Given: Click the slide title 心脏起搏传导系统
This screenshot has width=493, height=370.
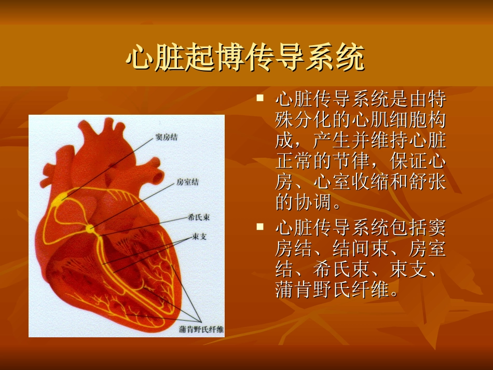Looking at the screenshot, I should (x=245, y=58).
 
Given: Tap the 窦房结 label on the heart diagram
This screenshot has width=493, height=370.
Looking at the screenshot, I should (x=166, y=138).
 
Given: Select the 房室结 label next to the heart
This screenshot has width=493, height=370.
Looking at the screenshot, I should (x=187, y=182).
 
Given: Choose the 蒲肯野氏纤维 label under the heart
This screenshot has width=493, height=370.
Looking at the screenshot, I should (x=201, y=329).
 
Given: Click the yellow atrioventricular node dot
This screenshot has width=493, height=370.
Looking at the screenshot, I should (x=91, y=228).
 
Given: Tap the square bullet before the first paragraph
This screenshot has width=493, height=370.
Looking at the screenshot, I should (x=261, y=98).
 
